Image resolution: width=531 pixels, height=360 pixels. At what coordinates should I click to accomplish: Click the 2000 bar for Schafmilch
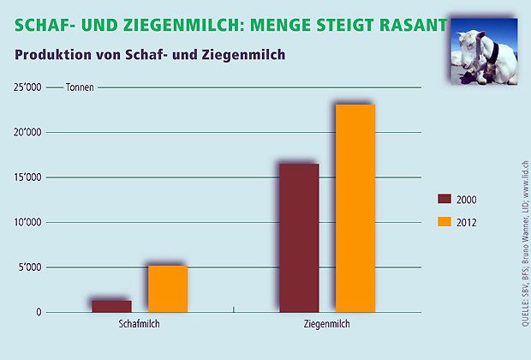(111, 306)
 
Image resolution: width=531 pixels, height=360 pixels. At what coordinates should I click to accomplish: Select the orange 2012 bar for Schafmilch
(167, 289)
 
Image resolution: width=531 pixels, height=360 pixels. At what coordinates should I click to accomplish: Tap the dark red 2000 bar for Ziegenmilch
(299, 237)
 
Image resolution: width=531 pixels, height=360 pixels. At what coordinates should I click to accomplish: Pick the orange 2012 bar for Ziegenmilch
(355, 208)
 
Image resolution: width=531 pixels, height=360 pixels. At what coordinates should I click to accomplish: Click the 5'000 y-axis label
(31, 267)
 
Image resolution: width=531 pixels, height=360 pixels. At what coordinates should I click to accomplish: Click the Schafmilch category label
(139, 327)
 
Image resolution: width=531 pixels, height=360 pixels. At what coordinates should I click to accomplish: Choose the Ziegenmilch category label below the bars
(326, 327)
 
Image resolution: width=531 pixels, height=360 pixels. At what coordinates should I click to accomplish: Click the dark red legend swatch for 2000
(444, 199)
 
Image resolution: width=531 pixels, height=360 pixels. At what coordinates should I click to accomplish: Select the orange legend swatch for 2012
(444, 222)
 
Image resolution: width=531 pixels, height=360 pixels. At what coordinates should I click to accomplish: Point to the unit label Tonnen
(80, 88)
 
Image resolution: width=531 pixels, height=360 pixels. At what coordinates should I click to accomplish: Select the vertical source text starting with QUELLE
(523, 240)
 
